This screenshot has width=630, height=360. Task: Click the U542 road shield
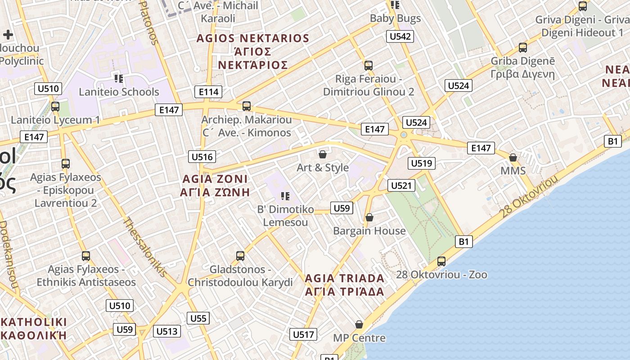coord(400,36)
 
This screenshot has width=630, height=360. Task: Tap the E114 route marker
coord(208,92)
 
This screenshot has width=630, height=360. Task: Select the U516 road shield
coord(202,157)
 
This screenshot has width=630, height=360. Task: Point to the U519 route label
coord(421,163)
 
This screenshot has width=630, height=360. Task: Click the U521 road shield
coord(401,185)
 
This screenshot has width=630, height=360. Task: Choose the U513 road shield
coord(167,332)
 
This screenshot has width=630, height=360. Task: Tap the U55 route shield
coord(198,319)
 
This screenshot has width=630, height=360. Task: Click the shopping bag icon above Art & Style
coord(323,155)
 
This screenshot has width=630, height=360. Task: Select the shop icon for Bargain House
coord(369,218)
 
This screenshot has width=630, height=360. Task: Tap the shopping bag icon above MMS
coord(513,157)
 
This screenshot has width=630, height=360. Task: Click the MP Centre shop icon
coord(359,324)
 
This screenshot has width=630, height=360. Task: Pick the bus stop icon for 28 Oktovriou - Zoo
coord(441,261)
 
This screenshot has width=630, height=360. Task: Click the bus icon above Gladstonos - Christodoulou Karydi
coord(240,256)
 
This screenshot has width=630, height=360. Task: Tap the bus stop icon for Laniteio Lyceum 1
coord(55,107)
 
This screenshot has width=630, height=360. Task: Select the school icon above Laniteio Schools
coord(119,79)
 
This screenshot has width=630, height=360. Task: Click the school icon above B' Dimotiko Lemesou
coord(285,196)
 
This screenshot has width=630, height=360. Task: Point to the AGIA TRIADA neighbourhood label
coord(345,284)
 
